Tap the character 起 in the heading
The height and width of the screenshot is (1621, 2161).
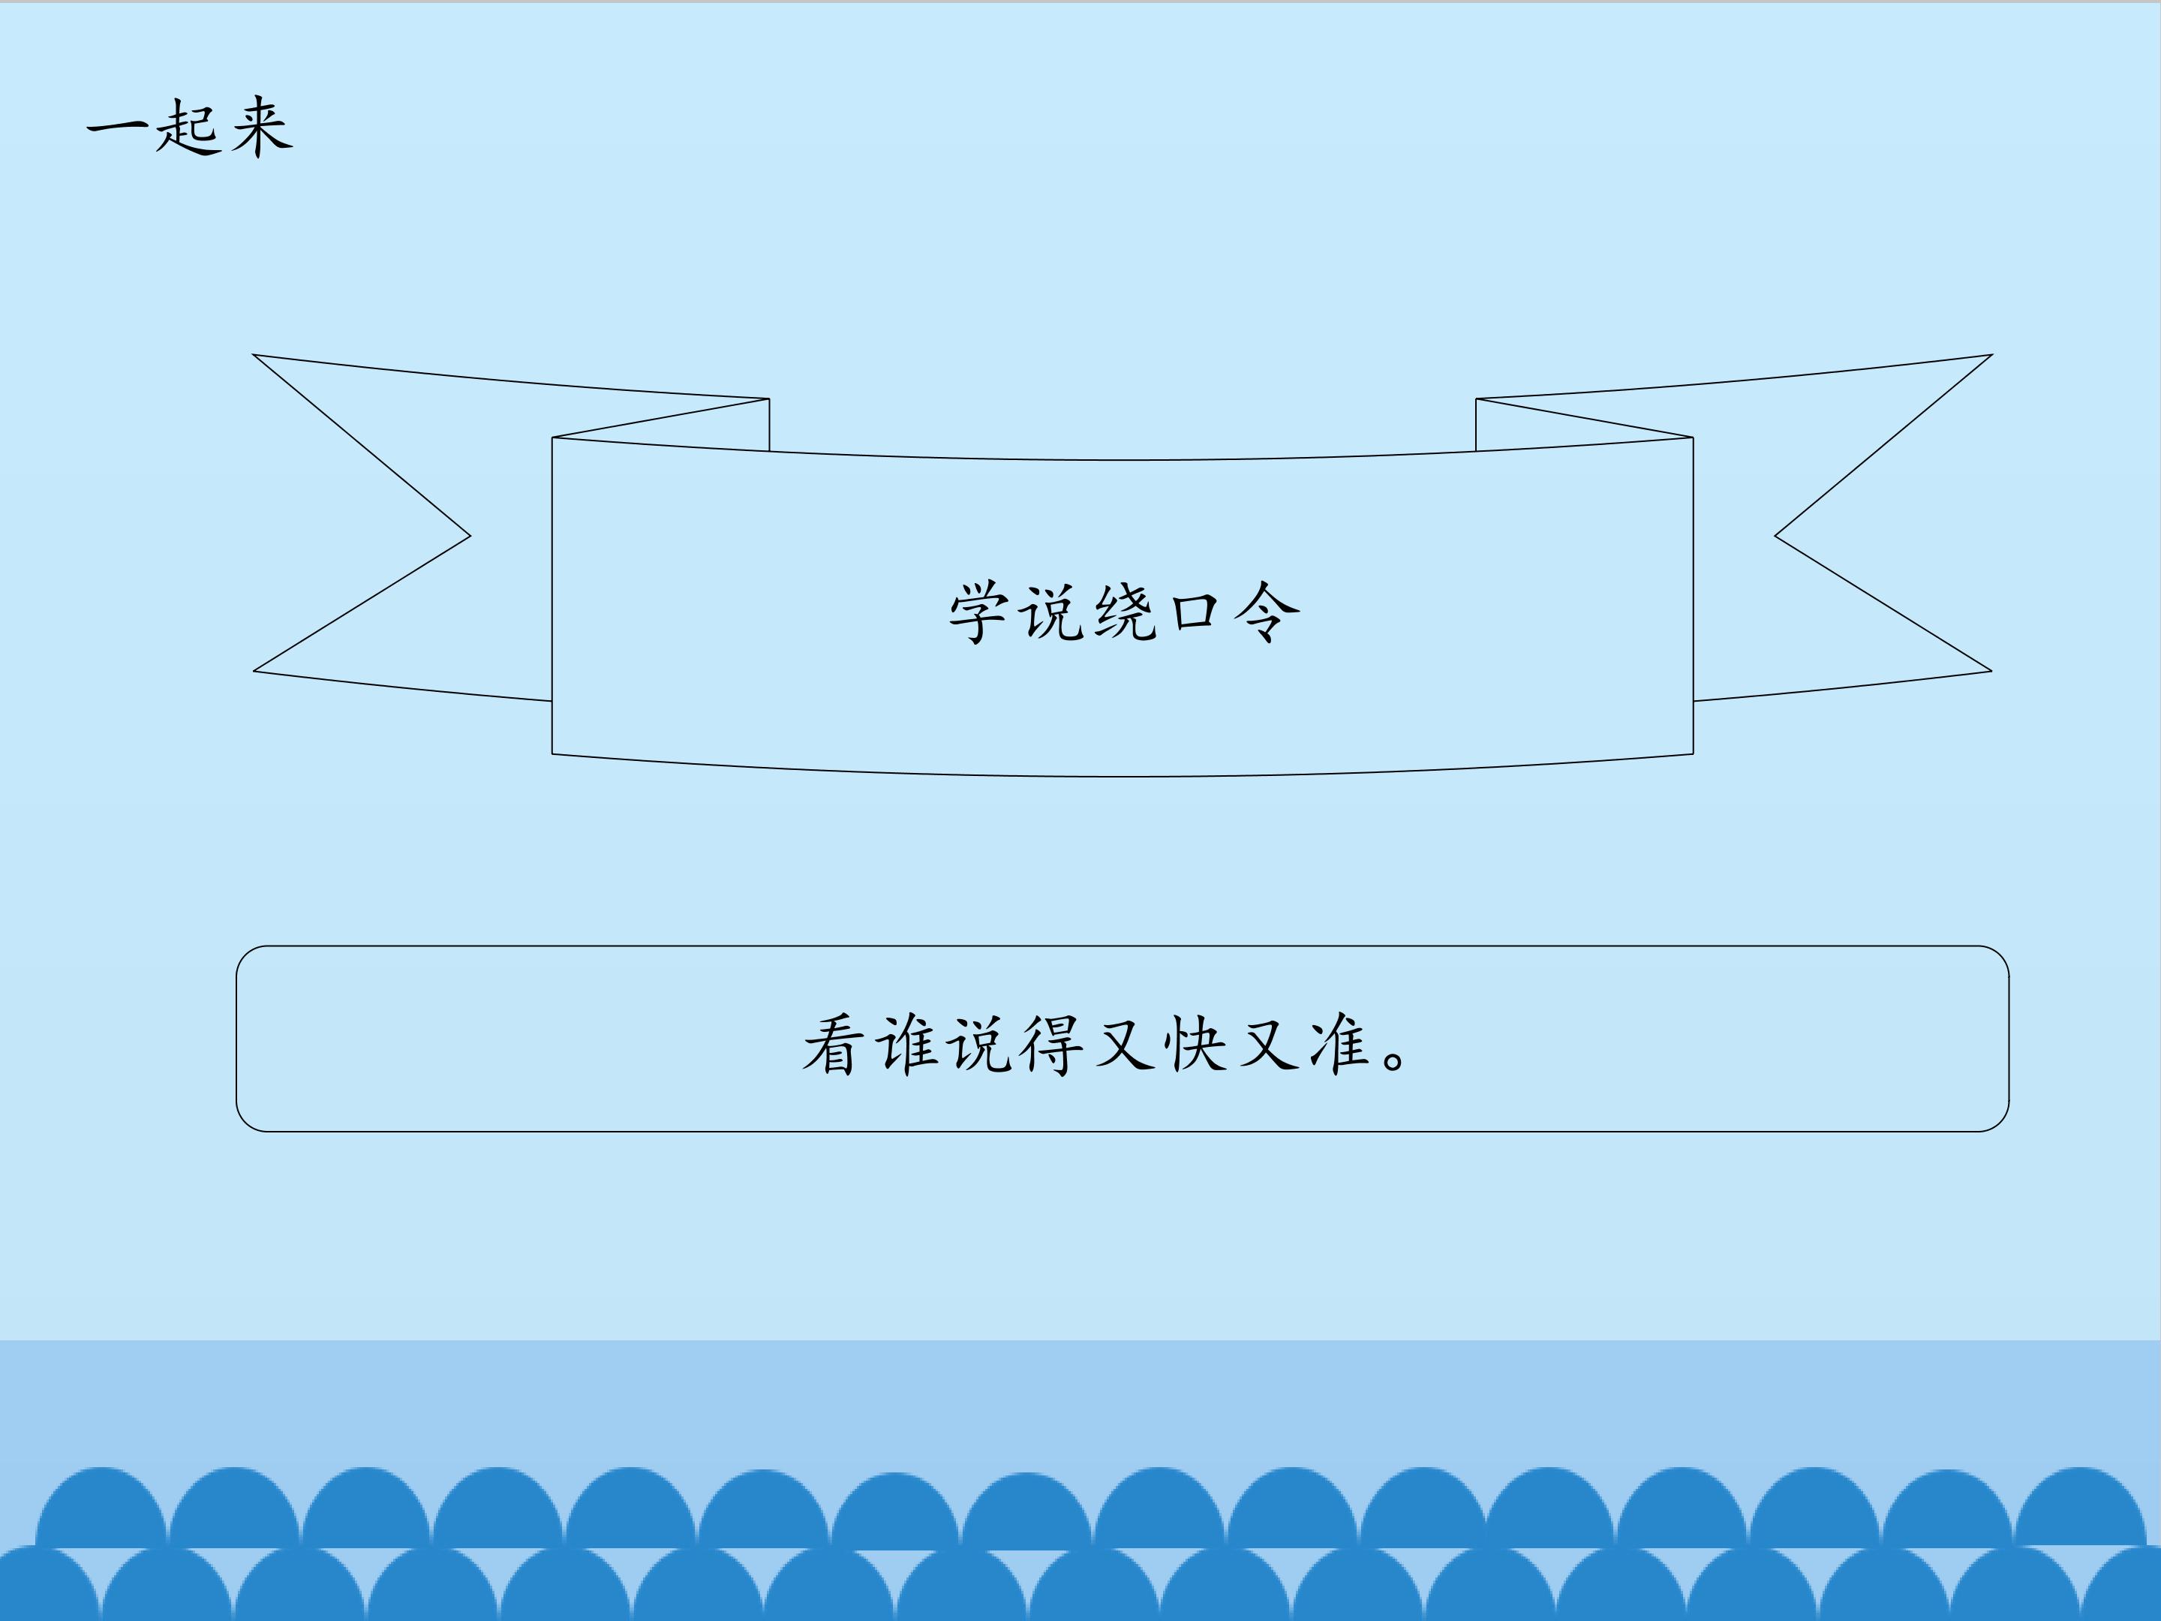[x=188, y=127]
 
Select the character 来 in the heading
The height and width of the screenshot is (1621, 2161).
[x=261, y=126]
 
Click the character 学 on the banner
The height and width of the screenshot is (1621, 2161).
[x=980, y=612]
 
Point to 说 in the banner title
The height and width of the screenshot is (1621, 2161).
[x=1052, y=612]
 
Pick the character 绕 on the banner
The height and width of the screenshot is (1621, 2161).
[x=1125, y=612]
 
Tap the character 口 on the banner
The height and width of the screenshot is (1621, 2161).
[x=1195, y=612]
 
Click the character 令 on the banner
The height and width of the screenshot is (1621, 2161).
[x=1266, y=612]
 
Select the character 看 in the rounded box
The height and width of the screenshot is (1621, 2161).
[x=834, y=1045]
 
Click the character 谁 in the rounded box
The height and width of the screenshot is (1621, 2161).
[x=908, y=1045]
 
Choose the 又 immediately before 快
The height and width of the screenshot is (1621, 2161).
[x=1125, y=1045]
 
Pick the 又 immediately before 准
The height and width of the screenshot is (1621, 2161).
[x=1269, y=1045]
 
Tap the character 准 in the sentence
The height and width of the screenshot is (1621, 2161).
[x=1339, y=1045]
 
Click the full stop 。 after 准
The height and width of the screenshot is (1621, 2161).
[x=1396, y=1058]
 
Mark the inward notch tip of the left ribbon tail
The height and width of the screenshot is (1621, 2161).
[x=470, y=535]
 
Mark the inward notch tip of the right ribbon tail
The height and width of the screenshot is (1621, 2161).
[x=1775, y=535]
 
